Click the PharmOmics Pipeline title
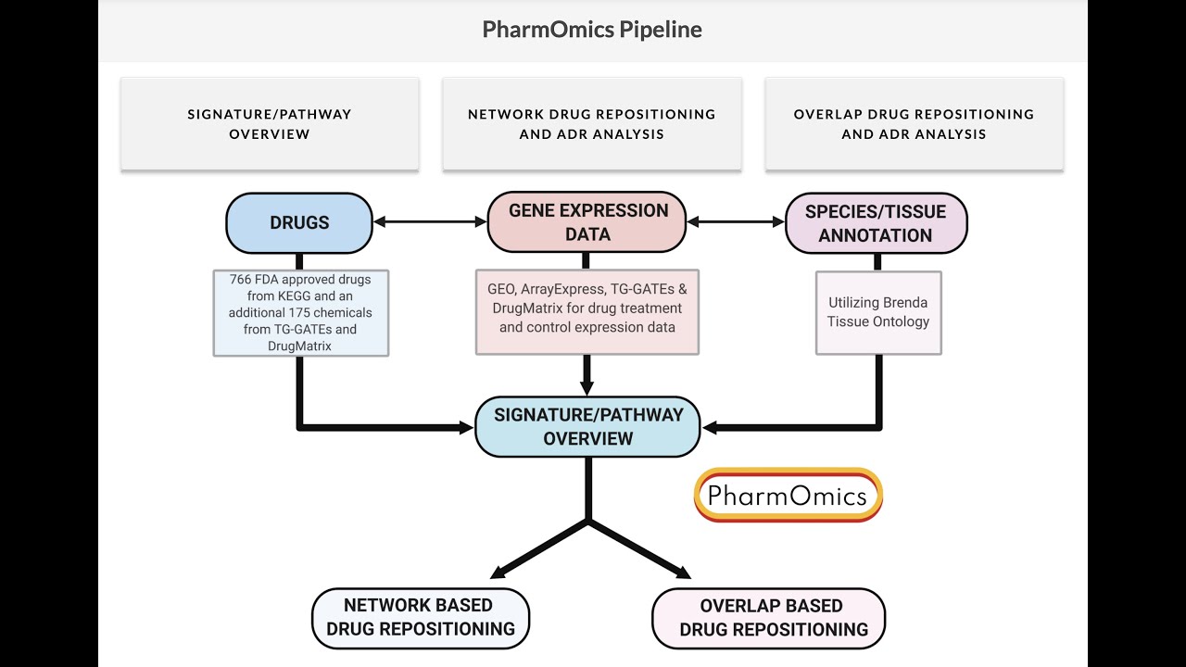tap(592, 30)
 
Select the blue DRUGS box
tap(298, 222)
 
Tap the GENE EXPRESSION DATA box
tap(587, 222)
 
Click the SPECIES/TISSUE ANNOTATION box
tap(876, 223)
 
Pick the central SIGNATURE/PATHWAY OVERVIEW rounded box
tap(587, 426)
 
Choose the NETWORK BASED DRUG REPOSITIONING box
tap(420, 617)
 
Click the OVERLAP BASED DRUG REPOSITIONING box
tap(770, 618)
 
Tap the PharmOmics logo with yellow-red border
tap(788, 495)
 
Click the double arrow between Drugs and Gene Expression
tap(429, 222)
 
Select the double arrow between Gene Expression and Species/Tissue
tap(736, 222)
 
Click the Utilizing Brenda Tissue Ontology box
tap(877, 312)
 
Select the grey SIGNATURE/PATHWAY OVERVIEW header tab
tap(270, 123)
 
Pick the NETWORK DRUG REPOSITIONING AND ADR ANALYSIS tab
tap(592, 123)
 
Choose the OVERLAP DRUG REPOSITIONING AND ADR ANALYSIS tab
tap(914, 123)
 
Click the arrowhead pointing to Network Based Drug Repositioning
tap(501, 572)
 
